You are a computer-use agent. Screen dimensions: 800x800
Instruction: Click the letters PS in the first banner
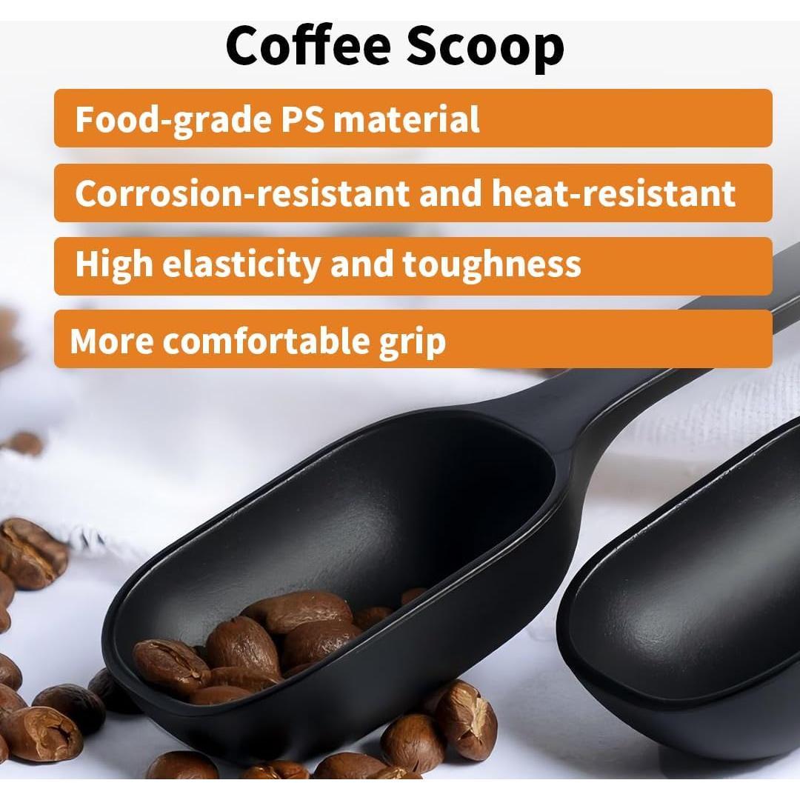point(302,119)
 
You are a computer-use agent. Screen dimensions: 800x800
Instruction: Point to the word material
point(406,119)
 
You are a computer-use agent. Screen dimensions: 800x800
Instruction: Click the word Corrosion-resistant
point(241,193)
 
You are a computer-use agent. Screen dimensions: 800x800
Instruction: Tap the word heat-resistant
point(613,193)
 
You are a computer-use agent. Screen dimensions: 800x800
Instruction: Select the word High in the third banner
point(113,264)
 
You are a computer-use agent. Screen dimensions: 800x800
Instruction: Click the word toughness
point(491,264)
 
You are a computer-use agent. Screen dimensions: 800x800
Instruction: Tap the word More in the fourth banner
point(111,341)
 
